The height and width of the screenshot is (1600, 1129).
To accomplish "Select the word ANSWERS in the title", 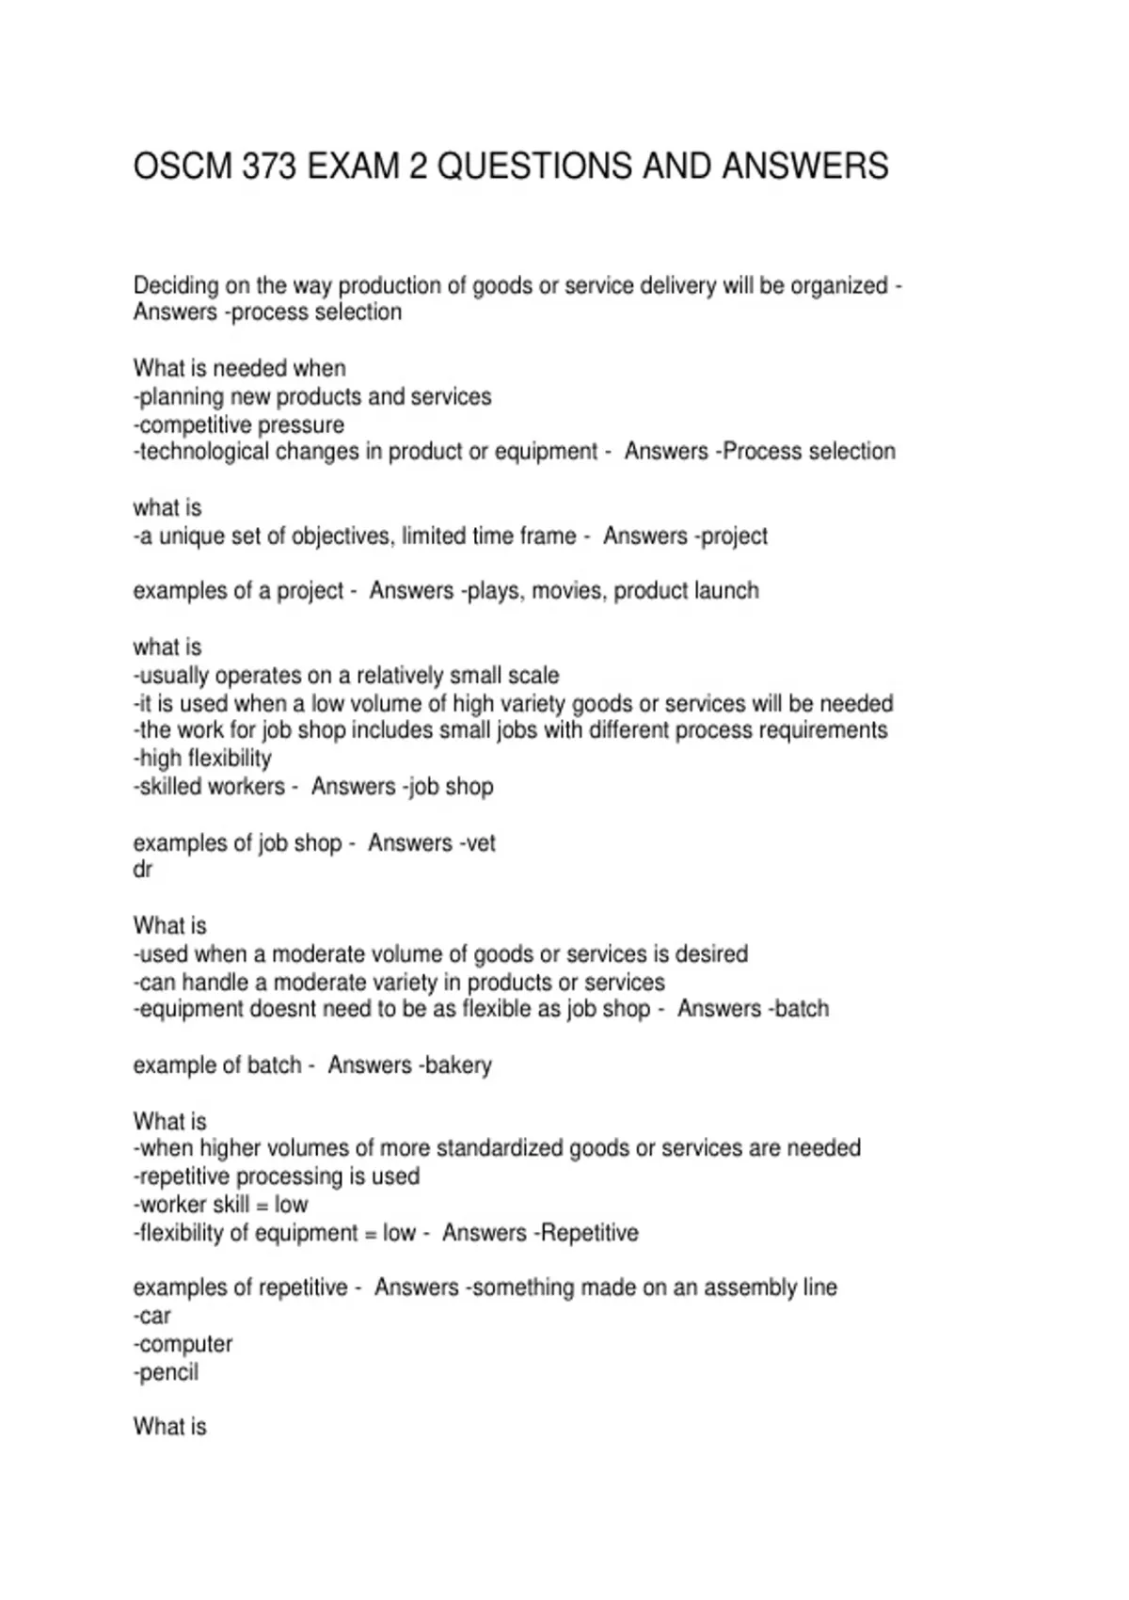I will (x=805, y=167).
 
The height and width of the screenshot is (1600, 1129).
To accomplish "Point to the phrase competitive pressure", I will (x=240, y=424).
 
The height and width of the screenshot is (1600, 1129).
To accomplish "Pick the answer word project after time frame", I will (x=734, y=536).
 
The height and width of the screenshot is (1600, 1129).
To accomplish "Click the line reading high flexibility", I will (x=203, y=759).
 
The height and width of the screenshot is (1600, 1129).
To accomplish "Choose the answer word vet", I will (x=480, y=843).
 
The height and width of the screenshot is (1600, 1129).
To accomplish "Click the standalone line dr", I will (x=143, y=870).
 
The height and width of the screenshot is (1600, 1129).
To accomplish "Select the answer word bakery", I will (x=458, y=1065).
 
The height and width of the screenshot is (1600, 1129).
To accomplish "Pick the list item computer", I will (x=185, y=1344).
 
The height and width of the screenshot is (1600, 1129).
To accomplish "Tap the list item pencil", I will (x=168, y=1372).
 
